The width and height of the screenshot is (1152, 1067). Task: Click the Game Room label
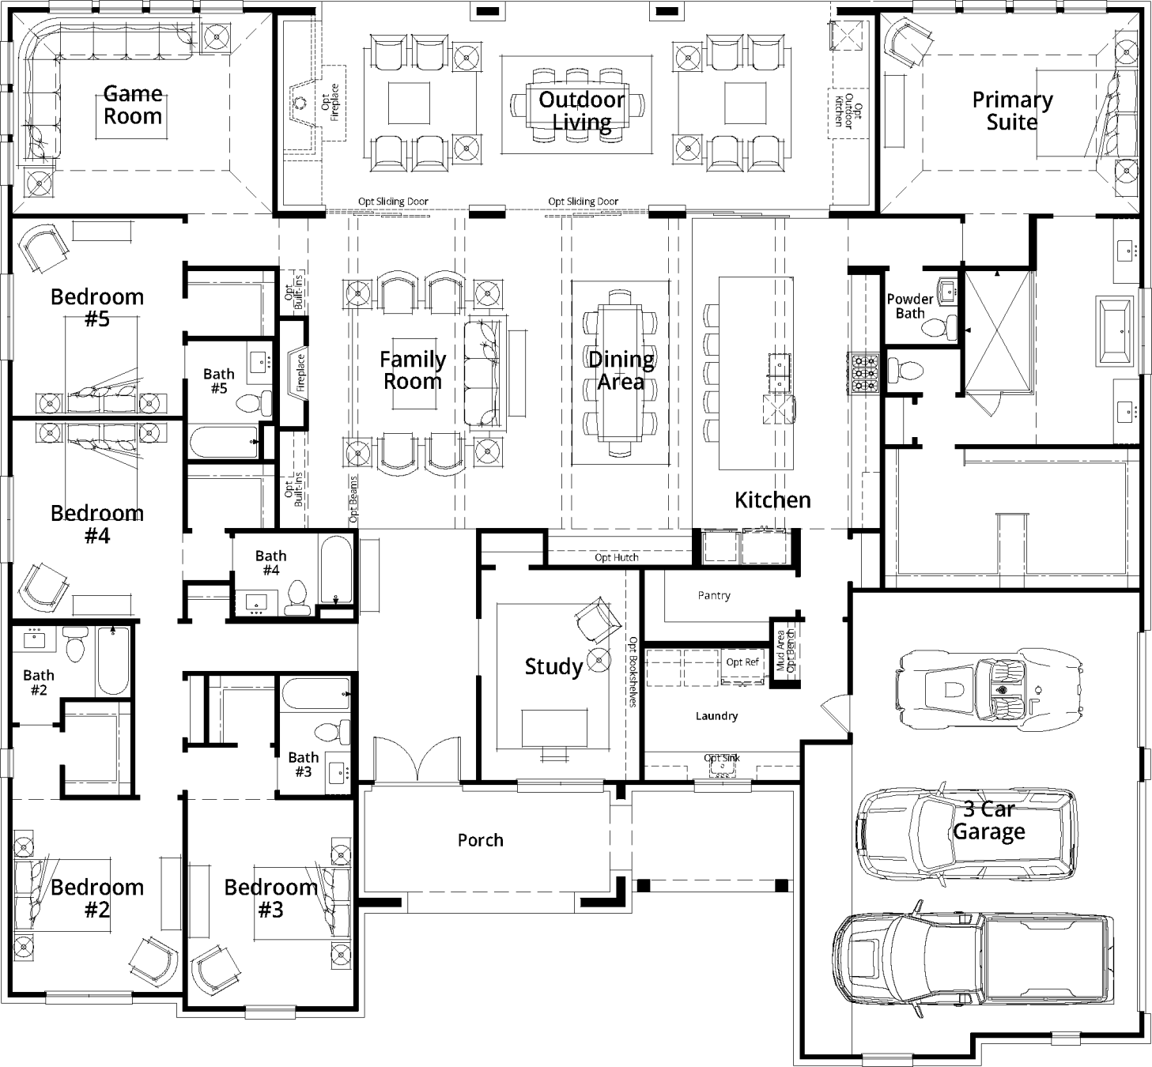point(133,105)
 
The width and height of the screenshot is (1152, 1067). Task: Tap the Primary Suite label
point(1012,111)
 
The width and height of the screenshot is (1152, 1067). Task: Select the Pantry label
point(714,596)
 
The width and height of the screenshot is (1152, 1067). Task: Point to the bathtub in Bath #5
point(224,442)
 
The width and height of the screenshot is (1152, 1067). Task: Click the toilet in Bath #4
point(297,598)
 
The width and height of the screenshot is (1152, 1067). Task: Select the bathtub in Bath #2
point(113,661)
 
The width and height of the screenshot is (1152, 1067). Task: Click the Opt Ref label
point(742,662)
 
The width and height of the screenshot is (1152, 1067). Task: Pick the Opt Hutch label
point(617,557)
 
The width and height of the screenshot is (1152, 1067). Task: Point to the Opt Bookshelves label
point(633,672)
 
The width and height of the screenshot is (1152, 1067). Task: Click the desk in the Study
point(554,729)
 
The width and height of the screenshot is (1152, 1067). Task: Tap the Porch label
point(480,840)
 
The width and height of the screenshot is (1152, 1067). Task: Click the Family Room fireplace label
point(300,373)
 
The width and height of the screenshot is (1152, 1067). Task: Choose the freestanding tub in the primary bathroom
point(1114,331)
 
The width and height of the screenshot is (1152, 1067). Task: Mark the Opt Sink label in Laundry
point(722,758)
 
